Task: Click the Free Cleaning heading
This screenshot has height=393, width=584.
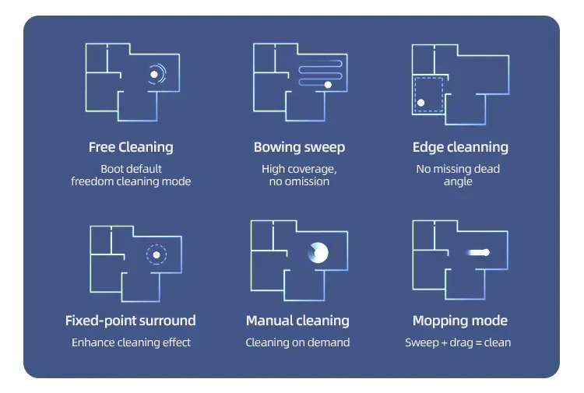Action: (x=131, y=147)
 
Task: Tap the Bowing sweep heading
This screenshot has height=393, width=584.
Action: (x=299, y=147)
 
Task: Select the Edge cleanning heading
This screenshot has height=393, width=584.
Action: (x=460, y=147)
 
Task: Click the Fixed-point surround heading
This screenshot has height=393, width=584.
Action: (x=131, y=321)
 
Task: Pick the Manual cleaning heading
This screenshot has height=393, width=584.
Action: (x=297, y=321)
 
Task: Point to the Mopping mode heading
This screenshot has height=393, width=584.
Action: (x=459, y=321)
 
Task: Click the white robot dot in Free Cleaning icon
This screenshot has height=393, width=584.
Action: (x=154, y=75)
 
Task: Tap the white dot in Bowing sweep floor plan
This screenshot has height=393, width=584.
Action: (x=328, y=84)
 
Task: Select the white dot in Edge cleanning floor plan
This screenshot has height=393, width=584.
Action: (x=420, y=102)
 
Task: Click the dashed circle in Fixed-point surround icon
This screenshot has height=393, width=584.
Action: (x=156, y=254)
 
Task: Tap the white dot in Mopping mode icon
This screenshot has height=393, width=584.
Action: (x=484, y=252)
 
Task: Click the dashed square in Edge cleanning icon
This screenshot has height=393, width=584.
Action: (x=428, y=93)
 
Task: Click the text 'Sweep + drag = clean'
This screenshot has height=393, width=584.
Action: (x=458, y=342)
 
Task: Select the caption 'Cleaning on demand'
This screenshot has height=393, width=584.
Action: (x=297, y=342)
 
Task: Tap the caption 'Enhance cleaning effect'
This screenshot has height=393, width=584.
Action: (x=131, y=342)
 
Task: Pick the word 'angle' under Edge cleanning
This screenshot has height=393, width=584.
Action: (x=458, y=181)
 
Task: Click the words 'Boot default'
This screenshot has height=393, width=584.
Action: (x=131, y=169)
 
